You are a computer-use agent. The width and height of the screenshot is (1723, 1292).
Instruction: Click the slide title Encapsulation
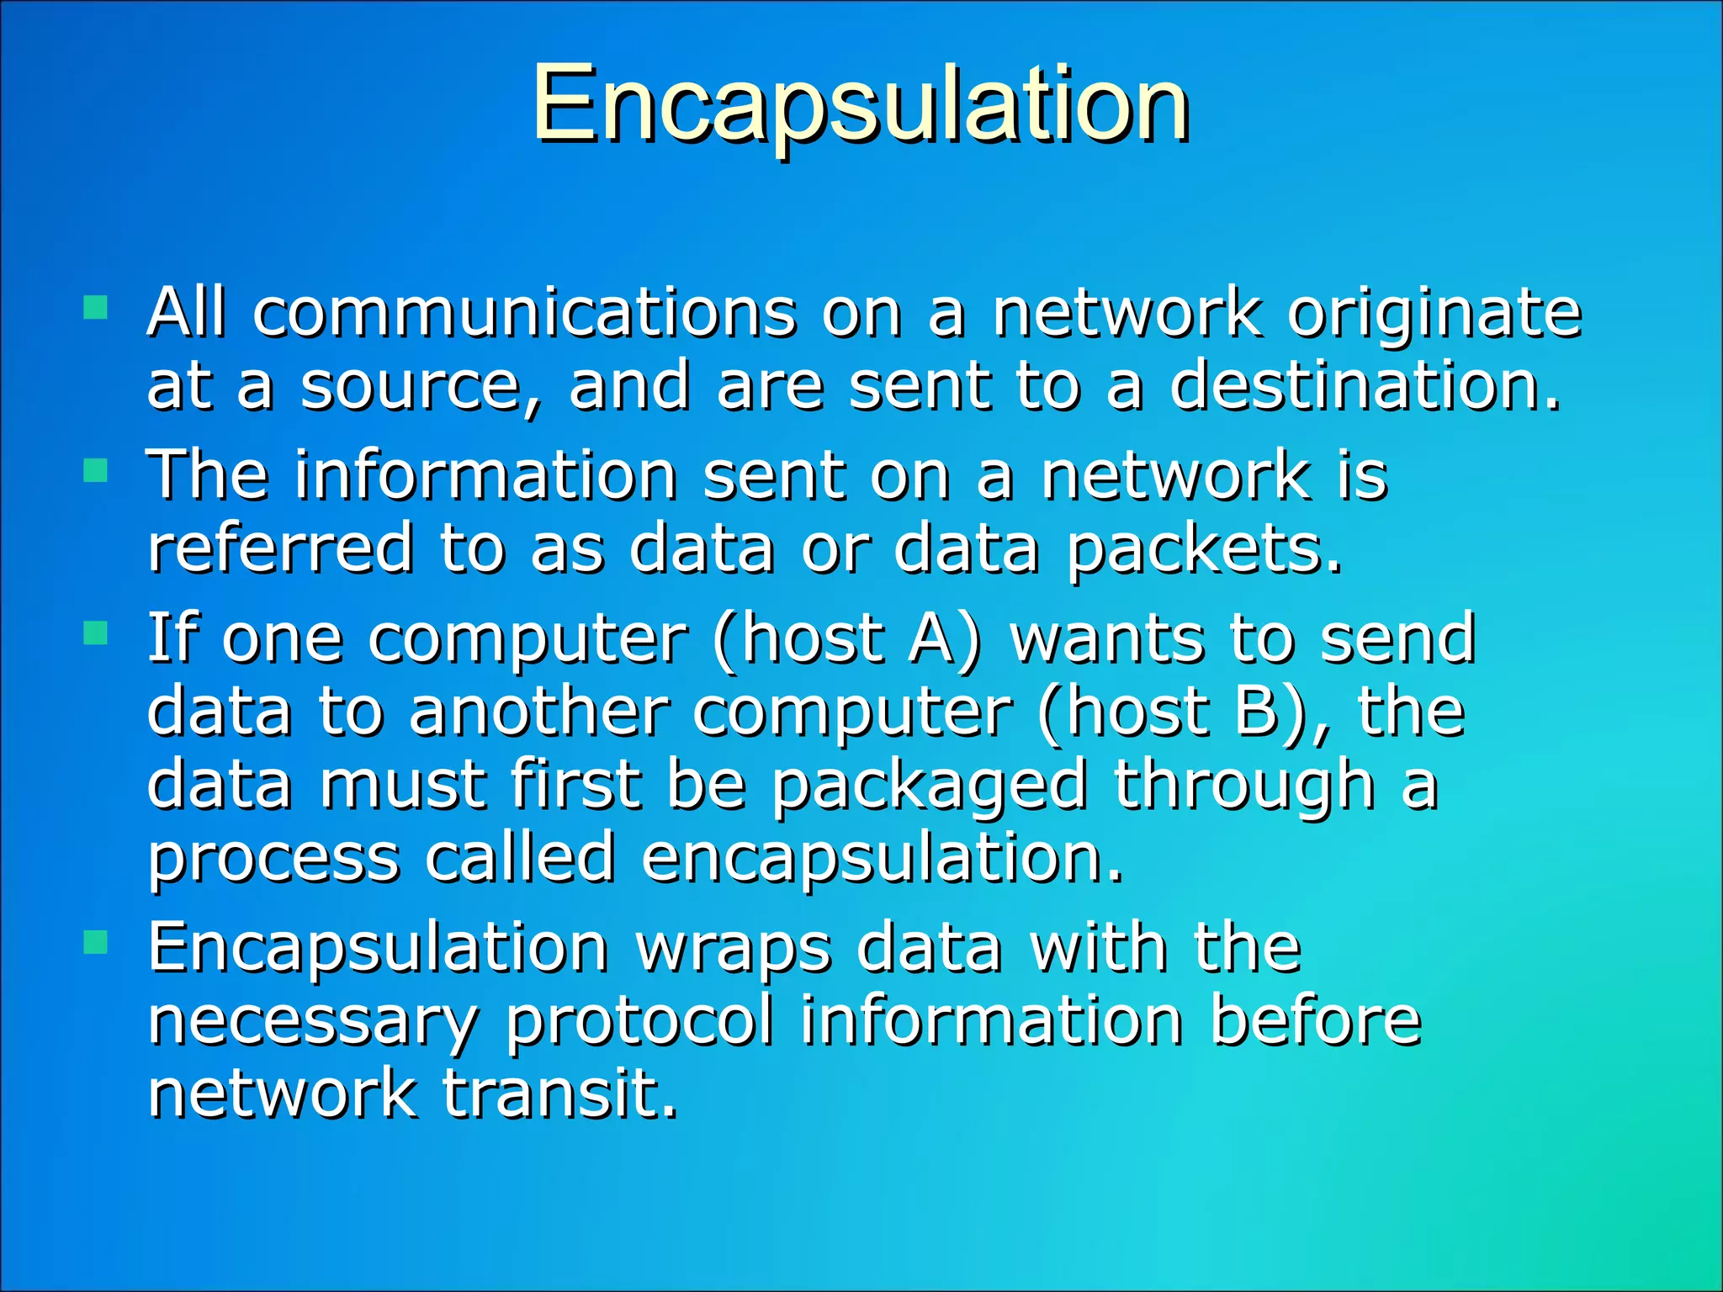click(860, 105)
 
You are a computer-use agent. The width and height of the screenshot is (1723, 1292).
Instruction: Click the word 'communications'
click(524, 312)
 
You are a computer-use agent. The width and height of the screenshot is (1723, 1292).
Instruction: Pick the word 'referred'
click(280, 548)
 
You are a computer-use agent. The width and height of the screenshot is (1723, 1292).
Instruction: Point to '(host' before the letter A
click(798, 639)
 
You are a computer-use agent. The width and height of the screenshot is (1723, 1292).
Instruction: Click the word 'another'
click(538, 712)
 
